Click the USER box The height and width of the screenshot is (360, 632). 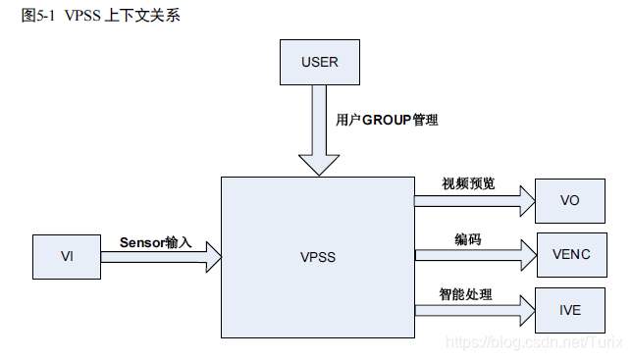319,62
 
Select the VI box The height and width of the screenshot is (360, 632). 67,257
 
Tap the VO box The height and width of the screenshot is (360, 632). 569,200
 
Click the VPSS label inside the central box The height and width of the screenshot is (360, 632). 317,258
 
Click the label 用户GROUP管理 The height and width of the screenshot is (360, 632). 387,120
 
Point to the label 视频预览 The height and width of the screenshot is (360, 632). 468,184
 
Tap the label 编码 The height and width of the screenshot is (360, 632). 467,239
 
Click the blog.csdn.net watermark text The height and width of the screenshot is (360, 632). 531,340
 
